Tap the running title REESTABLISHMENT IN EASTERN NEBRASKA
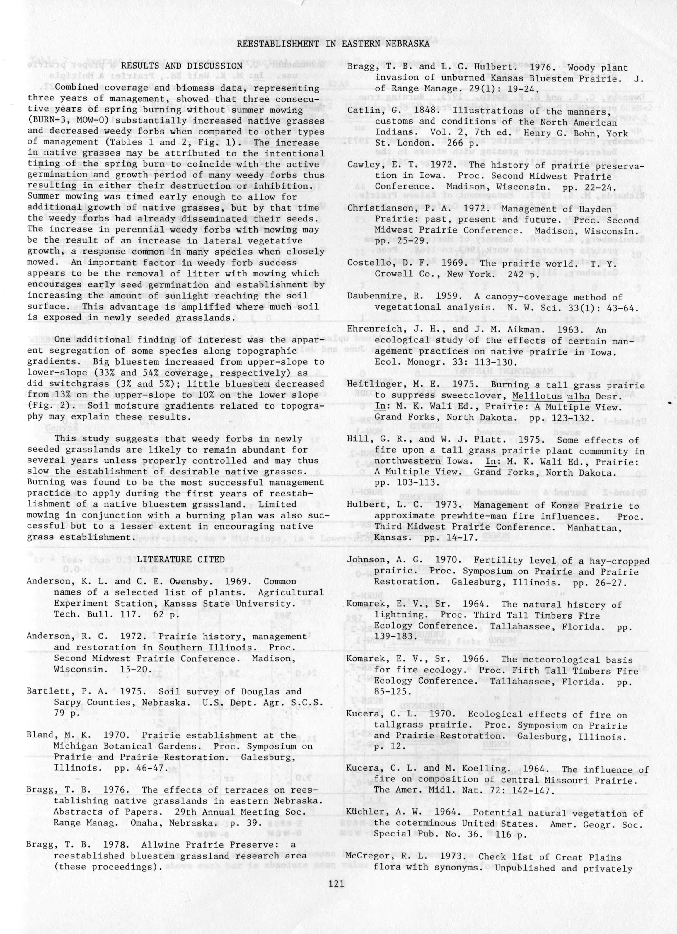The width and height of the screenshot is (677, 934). [x=334, y=44]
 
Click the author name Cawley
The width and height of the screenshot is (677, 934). [x=361, y=165]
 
